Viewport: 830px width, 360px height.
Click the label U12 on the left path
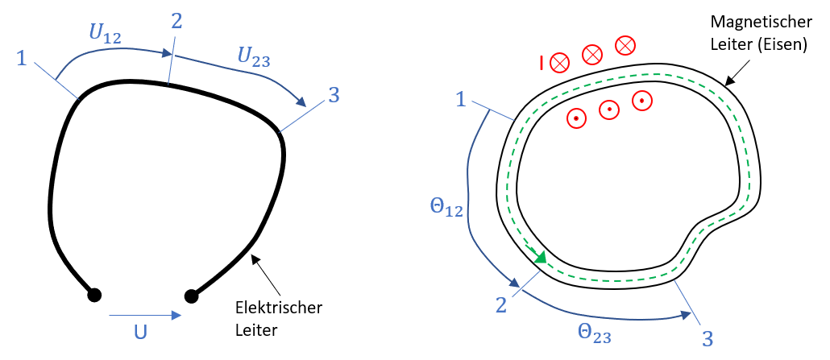tap(106, 35)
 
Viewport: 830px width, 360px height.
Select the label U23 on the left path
tap(253, 56)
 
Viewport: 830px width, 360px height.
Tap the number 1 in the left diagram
tap(22, 58)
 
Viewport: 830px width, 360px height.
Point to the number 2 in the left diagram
tap(176, 22)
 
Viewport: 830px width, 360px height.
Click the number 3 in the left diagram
tap(334, 95)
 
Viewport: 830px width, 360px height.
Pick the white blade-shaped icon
tap(98, 86)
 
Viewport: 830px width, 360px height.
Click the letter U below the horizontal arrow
tap(140, 330)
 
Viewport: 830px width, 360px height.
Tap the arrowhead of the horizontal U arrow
tap(176, 316)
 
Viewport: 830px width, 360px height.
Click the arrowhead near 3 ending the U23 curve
tap(301, 101)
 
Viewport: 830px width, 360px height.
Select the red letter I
tap(542, 62)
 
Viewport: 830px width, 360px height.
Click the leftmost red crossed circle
tap(560, 62)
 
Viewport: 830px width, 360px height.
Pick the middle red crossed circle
tap(592, 54)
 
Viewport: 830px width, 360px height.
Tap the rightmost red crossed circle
tap(625, 46)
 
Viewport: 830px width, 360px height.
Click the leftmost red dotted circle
tap(576, 118)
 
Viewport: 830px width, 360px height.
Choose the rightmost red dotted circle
tap(641, 101)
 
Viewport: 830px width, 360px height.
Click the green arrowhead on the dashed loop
tap(541, 258)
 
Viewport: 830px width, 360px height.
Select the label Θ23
tap(594, 332)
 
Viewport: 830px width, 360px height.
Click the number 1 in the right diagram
tap(461, 99)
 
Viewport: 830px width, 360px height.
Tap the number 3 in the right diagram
tap(707, 339)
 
